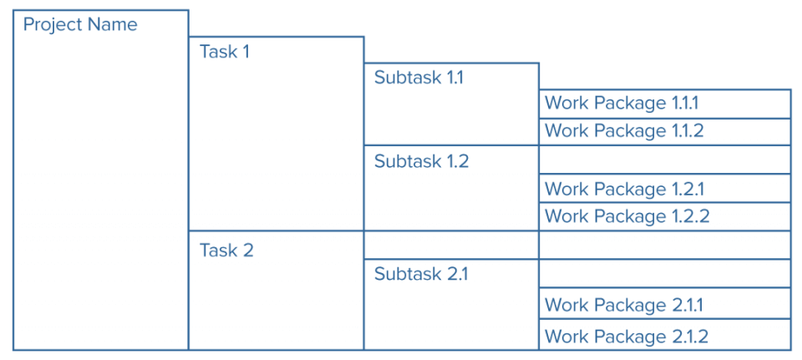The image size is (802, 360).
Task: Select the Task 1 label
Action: (225, 52)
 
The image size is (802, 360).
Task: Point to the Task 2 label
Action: (226, 250)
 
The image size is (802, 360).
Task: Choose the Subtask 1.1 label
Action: (419, 79)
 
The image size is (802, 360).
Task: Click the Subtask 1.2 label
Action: (421, 161)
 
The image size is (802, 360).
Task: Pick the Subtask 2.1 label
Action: (421, 274)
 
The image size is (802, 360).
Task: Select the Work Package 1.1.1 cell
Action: (665, 104)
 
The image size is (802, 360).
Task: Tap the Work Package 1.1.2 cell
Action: (665, 131)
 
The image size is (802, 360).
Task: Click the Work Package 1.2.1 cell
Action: (665, 190)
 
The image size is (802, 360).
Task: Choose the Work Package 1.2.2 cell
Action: (665, 216)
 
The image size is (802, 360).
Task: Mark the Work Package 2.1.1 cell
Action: (665, 305)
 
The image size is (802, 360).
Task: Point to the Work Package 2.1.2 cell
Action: (665, 336)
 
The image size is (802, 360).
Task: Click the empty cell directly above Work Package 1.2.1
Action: (665, 160)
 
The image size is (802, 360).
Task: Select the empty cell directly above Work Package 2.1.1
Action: (665, 273)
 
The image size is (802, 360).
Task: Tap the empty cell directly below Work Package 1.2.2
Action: (665, 245)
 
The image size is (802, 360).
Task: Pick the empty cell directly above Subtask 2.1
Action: (451, 245)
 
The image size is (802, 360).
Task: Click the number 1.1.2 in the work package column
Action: (688, 131)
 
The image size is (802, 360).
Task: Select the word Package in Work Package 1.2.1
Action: (629, 190)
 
